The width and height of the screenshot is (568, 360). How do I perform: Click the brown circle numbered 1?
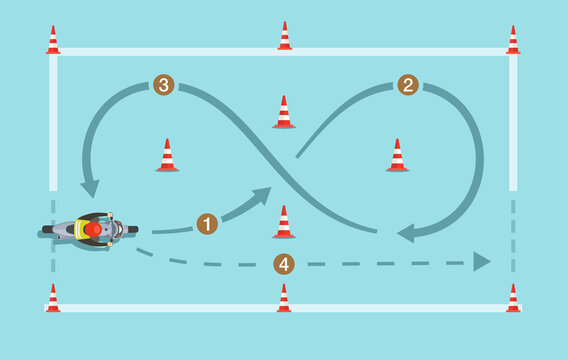coord(207,224)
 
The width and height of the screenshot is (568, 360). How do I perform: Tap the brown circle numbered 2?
coord(408,85)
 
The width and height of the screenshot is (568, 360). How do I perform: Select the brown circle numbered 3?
coord(164,85)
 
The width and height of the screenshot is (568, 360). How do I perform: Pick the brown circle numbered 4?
coord(284,264)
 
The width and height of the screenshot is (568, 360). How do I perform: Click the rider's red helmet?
coord(93,229)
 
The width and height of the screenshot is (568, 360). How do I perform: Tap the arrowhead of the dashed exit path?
coord(482,262)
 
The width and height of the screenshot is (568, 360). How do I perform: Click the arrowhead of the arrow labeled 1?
coord(262,195)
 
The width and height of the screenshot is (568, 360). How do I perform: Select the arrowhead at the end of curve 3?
coord(90,188)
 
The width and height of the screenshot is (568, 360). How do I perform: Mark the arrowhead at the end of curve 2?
coord(406,234)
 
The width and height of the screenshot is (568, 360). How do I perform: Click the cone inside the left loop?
coord(167,156)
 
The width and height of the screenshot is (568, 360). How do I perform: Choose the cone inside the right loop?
coord(397,156)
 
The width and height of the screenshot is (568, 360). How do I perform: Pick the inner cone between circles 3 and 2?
coord(284,113)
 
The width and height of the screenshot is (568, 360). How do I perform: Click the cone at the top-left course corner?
coord(53,41)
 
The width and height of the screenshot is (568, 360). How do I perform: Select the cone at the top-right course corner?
coord(513,41)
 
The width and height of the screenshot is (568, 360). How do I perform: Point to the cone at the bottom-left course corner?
coord(53,298)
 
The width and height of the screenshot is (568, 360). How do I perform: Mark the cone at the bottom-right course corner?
coord(513,298)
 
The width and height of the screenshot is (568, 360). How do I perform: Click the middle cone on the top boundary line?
coord(285,37)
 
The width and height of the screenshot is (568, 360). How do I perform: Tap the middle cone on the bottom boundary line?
coord(284,298)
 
